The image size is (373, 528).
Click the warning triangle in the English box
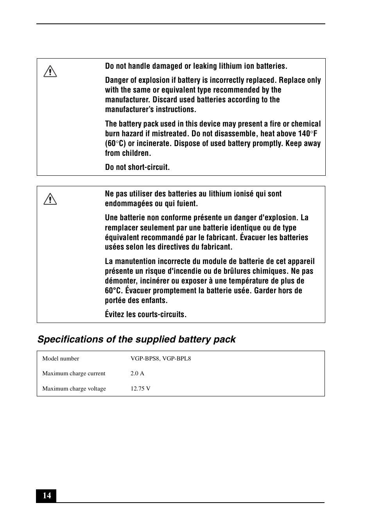point(50,71)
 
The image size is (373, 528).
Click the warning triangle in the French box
point(50,199)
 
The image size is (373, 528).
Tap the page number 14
point(47,496)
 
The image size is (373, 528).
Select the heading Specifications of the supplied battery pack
point(136,339)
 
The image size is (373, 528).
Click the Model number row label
point(61,359)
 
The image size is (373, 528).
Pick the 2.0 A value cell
point(137,373)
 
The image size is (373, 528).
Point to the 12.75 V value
point(140,389)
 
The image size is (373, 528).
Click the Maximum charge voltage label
point(74,389)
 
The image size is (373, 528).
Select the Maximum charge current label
point(74,373)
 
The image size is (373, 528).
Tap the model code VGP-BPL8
point(177,359)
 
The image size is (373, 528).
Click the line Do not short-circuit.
point(137,167)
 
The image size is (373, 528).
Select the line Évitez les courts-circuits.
point(145,314)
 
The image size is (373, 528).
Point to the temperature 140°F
point(308,134)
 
